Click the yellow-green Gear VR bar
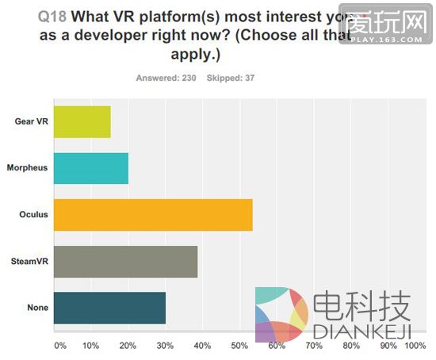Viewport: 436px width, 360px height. (82, 121)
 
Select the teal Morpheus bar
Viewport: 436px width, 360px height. (90, 167)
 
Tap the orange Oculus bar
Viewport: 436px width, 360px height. (152, 214)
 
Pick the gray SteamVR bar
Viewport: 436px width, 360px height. (124, 261)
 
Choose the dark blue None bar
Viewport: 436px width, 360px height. (109, 307)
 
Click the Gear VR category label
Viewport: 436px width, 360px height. (31, 121)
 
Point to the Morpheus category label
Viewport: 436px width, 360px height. (28, 167)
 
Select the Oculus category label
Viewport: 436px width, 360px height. (33, 214)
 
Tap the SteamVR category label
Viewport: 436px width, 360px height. (29, 261)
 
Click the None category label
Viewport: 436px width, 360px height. (36, 307)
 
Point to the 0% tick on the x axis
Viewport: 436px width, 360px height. (59, 346)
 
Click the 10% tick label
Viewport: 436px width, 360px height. (90, 346)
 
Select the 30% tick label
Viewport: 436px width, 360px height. (165, 346)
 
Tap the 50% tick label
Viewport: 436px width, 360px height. (239, 346)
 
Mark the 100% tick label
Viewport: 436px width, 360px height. (415, 346)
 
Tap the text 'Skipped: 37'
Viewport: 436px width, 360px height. (230, 78)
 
